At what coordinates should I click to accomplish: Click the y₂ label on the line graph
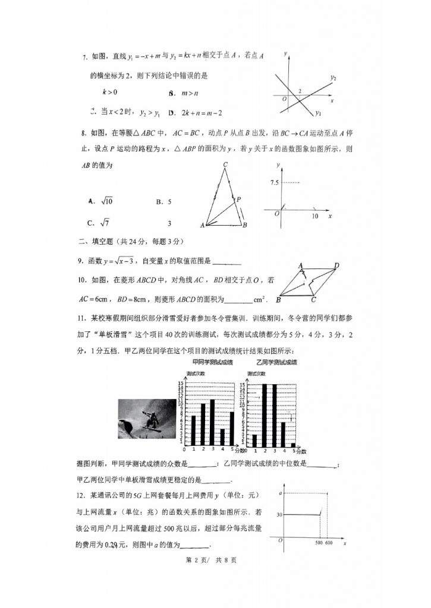tap(334, 78)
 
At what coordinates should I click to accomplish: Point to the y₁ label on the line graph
tap(319, 113)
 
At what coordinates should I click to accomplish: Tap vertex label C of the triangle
tap(225, 164)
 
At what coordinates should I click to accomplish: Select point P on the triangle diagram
tap(238, 199)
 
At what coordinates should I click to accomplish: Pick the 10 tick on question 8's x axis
tap(315, 217)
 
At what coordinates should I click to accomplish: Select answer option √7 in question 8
tap(104, 223)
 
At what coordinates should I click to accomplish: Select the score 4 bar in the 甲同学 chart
tap(222, 436)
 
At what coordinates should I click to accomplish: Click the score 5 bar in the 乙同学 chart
tap(293, 444)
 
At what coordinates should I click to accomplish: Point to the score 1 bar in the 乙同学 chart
tap(254, 440)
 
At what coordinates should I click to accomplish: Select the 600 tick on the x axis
tap(329, 543)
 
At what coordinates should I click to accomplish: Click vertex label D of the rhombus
tap(336, 265)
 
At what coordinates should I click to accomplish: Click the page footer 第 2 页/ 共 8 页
tap(212, 560)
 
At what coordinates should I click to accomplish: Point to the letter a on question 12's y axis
tap(280, 493)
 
